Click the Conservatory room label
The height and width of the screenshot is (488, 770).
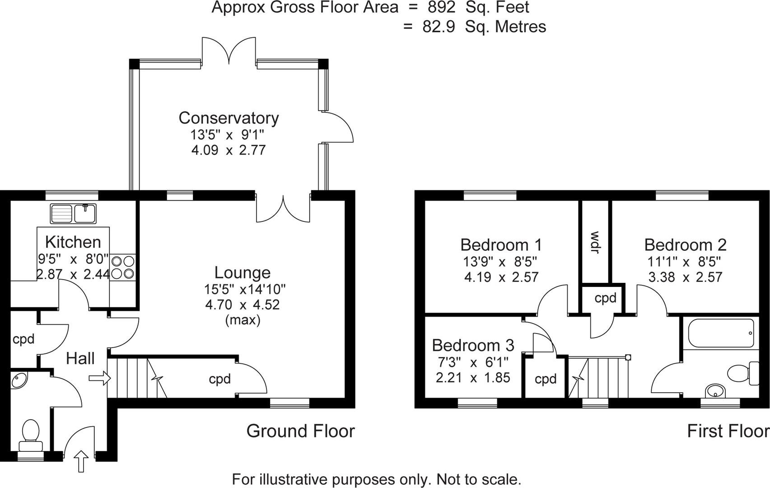click(229, 118)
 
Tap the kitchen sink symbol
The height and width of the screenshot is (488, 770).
click(73, 213)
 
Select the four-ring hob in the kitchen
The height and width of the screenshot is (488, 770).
click(123, 267)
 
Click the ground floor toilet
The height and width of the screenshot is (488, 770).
click(31, 434)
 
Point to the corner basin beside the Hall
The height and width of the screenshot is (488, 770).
click(19, 380)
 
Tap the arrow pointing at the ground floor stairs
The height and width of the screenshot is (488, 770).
click(100, 378)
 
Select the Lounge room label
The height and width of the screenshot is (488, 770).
click(243, 272)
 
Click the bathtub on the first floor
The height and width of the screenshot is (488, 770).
click(721, 333)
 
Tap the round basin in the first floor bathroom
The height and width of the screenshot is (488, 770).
click(714, 390)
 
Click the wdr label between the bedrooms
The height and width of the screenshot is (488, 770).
click(595, 242)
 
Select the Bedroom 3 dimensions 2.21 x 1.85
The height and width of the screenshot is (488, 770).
click(473, 377)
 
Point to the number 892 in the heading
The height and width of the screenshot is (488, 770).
click(442, 8)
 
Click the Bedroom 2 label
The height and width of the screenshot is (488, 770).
click(685, 245)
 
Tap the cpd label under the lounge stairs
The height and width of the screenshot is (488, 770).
click(219, 379)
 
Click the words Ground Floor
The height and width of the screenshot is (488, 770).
click(300, 431)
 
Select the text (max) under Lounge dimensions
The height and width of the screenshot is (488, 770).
click(243, 320)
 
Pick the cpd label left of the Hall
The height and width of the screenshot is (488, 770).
click(23, 338)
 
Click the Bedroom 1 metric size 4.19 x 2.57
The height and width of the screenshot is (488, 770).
click(501, 277)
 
